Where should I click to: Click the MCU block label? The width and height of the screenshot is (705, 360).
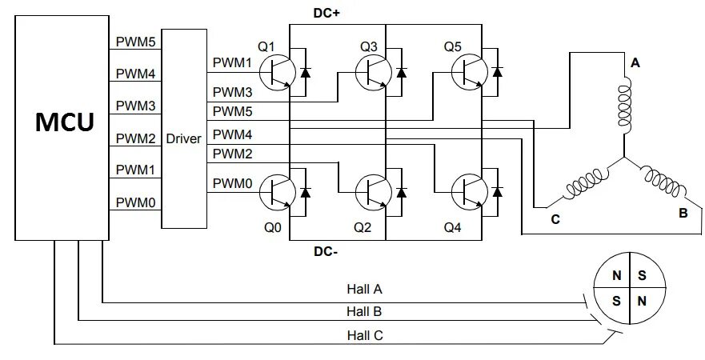(x=65, y=122)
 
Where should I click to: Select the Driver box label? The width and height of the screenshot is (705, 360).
(x=183, y=138)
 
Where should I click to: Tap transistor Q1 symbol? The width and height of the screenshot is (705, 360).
(x=278, y=72)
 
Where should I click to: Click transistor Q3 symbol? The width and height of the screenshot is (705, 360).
(x=374, y=72)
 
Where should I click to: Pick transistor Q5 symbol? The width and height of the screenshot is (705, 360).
(x=470, y=72)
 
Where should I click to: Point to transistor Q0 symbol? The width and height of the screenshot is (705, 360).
(x=278, y=192)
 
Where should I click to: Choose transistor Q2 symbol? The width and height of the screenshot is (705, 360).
(x=374, y=192)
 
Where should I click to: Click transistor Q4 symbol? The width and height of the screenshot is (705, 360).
(x=470, y=192)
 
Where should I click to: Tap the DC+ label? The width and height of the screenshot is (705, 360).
(x=326, y=14)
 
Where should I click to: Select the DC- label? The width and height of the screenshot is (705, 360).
(x=326, y=252)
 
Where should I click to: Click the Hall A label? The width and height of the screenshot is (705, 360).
(x=364, y=289)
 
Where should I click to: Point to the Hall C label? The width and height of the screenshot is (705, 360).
(x=365, y=335)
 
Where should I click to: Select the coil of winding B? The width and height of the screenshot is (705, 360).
(x=663, y=182)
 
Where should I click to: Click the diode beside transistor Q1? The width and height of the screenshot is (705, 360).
(x=306, y=72)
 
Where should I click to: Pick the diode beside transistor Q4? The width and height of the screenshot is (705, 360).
(x=497, y=192)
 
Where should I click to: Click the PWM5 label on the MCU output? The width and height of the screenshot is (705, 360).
(x=136, y=42)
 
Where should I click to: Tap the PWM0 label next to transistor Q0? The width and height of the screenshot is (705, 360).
(x=232, y=183)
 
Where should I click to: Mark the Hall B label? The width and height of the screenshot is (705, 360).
(x=364, y=311)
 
